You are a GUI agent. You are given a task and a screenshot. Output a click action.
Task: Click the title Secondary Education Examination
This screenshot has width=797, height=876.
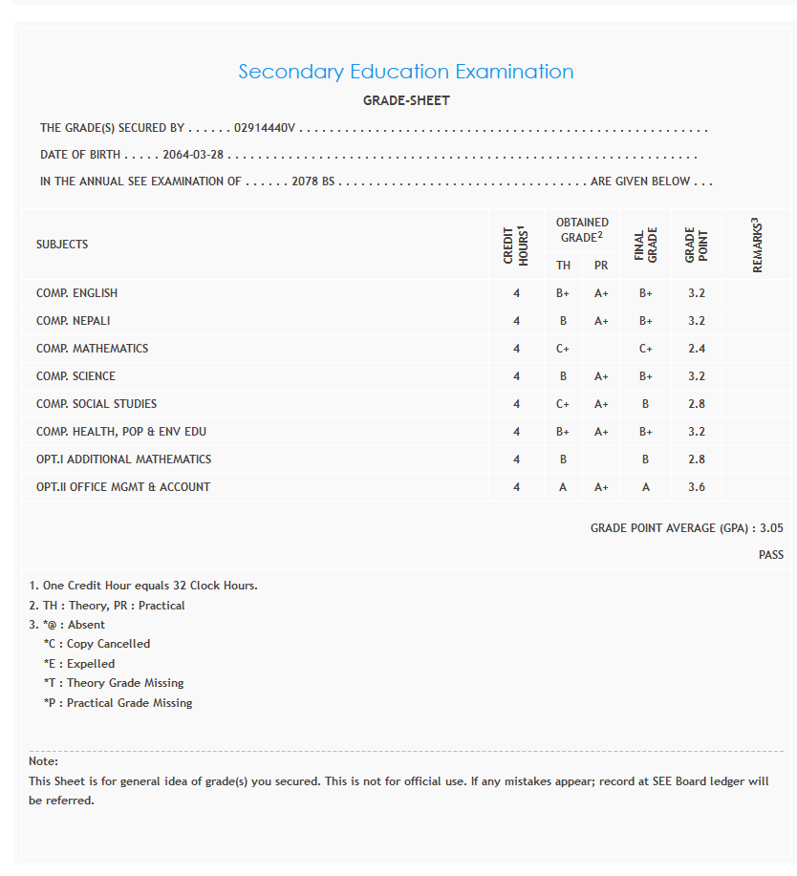tap(405, 72)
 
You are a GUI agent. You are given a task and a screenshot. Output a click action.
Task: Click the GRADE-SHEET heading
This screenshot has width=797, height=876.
tap(406, 100)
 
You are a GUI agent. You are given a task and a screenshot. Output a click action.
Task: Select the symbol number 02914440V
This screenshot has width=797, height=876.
tap(266, 127)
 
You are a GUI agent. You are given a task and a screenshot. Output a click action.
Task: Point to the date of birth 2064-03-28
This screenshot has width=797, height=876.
tap(193, 155)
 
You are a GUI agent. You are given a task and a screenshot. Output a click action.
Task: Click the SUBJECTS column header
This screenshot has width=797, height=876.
tap(62, 245)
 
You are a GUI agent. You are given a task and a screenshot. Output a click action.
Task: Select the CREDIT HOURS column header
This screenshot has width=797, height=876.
tap(516, 245)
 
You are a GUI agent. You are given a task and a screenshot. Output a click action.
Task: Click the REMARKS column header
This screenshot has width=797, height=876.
tap(758, 245)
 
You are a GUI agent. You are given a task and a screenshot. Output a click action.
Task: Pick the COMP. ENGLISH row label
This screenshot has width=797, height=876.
tap(76, 293)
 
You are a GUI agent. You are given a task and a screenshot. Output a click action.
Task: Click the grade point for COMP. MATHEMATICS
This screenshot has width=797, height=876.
tap(696, 349)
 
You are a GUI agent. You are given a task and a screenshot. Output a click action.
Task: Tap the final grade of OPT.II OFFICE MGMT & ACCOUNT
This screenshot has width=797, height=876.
tap(646, 487)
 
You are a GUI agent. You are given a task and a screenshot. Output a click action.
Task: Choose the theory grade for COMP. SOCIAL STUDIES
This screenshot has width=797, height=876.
tap(563, 404)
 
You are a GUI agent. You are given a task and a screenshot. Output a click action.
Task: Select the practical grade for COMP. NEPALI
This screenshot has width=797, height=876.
tap(601, 321)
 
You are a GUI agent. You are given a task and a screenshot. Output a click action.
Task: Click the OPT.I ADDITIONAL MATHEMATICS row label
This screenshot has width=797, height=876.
tap(123, 459)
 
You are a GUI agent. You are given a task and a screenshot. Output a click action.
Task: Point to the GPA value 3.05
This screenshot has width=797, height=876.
tap(771, 528)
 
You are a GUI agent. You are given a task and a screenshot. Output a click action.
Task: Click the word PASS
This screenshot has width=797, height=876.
tap(770, 555)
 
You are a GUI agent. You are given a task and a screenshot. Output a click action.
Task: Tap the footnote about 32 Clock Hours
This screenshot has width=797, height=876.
tap(143, 586)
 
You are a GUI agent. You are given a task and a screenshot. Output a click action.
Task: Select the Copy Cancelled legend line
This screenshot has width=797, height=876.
tap(97, 644)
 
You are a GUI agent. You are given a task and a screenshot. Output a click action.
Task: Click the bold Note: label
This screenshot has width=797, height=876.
tap(44, 761)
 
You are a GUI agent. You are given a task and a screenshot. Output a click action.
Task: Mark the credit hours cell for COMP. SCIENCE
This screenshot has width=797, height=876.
tap(516, 376)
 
